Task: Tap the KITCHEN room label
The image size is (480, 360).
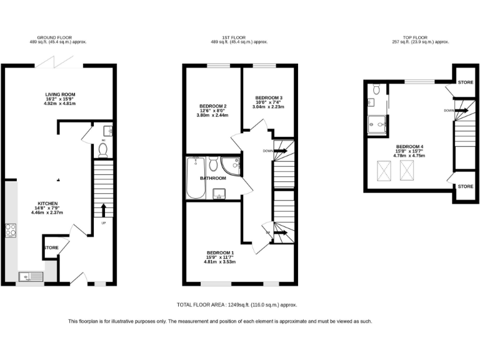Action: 47,204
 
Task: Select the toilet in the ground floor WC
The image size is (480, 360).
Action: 104,150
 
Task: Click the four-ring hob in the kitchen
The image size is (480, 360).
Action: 11,230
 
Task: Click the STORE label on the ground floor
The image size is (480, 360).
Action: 51,248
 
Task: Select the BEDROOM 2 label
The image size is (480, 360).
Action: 212,106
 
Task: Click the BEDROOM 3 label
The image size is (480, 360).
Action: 269,98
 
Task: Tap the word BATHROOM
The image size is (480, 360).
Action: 212,178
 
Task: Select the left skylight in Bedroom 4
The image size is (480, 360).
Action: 382,168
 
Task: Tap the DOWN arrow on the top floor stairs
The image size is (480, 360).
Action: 461,111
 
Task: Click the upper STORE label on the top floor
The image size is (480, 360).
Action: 465,82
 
